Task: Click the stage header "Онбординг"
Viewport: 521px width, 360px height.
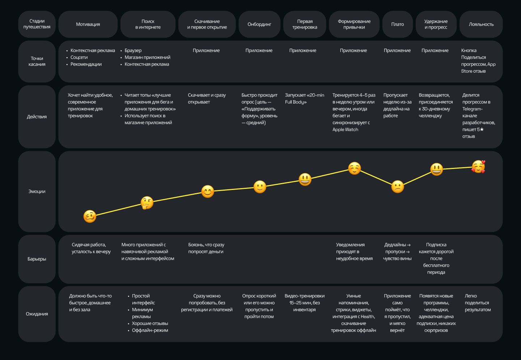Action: [259, 24]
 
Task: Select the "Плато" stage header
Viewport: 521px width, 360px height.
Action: [397, 24]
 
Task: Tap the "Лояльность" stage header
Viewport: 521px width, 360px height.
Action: [481, 24]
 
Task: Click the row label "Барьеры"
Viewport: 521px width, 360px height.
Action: [37, 259]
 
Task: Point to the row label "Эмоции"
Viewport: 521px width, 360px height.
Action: [37, 191]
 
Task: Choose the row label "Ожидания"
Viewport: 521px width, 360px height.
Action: [37, 314]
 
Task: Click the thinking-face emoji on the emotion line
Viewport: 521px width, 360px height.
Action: [147, 203]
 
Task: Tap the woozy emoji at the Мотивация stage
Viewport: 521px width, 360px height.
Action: [90, 216]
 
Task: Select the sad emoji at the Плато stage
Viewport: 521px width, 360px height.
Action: [397, 187]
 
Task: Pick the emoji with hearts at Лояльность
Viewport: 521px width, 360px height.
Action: [478, 167]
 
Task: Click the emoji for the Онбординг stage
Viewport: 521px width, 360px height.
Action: [260, 187]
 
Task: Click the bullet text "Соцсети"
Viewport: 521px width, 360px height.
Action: [79, 58]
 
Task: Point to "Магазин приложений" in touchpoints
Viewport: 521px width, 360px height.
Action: [147, 58]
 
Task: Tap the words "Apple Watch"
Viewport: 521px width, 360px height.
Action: [345, 130]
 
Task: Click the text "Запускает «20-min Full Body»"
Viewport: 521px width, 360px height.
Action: [304, 98]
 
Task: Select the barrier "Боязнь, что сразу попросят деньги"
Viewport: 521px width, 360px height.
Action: [206, 248]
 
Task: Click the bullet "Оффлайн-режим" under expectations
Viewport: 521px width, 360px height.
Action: [150, 330]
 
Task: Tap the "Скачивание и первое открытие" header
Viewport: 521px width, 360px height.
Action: [207, 24]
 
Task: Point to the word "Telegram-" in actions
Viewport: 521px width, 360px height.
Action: [472, 109]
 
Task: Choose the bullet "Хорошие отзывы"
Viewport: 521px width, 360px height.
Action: [150, 323]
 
